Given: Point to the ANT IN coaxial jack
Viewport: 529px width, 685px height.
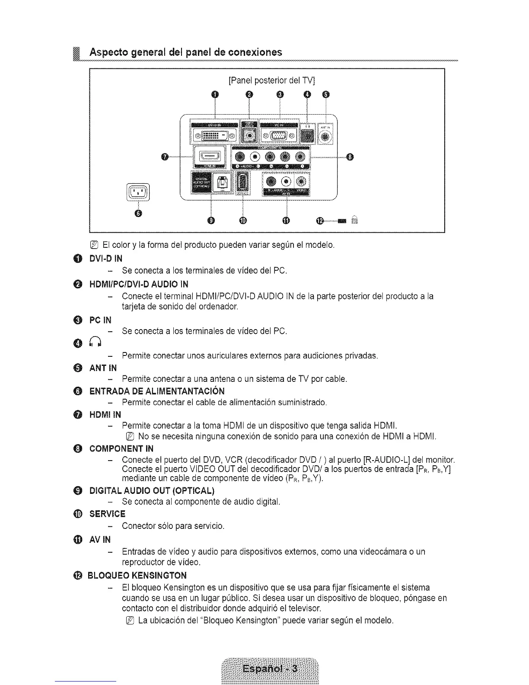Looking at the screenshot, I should (326, 137).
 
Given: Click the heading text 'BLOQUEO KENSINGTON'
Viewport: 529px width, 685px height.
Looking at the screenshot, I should (137, 575).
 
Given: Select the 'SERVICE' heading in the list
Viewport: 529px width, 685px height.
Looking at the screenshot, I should (107, 514).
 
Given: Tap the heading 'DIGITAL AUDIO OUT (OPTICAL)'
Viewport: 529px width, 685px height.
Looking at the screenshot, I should (152, 490).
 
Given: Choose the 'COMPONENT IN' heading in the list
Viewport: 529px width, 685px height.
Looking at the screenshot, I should (121, 448).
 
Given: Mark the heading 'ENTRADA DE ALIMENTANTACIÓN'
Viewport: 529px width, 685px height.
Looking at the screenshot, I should (157, 391).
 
